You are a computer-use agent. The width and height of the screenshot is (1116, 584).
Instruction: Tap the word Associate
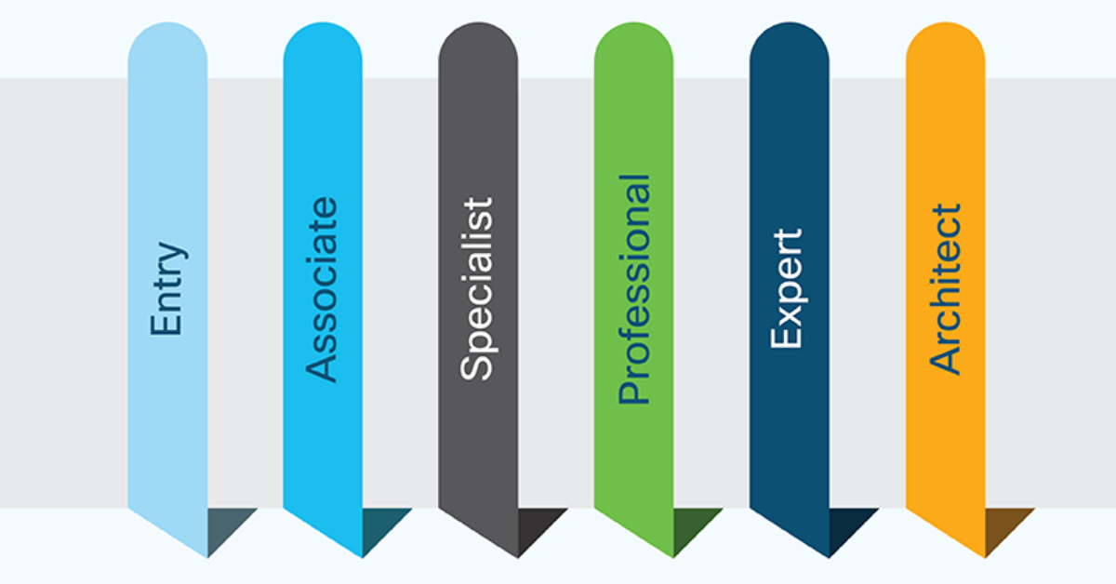pyautogui.click(x=323, y=289)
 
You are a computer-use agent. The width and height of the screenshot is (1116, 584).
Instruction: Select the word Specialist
pyautogui.click(x=478, y=289)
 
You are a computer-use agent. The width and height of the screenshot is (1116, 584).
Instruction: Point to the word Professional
pyautogui.click(x=634, y=289)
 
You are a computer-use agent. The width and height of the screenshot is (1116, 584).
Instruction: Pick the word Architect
pyautogui.click(x=945, y=289)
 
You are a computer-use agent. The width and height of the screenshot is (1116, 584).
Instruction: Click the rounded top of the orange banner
pyautogui.click(x=945, y=42)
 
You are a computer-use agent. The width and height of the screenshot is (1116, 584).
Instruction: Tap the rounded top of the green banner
pyautogui.click(x=634, y=42)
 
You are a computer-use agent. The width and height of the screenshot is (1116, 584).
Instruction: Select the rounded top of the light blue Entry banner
pyautogui.click(x=167, y=42)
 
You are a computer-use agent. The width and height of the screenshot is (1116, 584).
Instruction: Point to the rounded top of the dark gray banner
pyautogui.click(x=478, y=42)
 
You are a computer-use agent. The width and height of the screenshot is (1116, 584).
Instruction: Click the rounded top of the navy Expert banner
pyautogui.click(x=789, y=42)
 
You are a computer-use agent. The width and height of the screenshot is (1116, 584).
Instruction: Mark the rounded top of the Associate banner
pyautogui.click(x=323, y=42)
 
